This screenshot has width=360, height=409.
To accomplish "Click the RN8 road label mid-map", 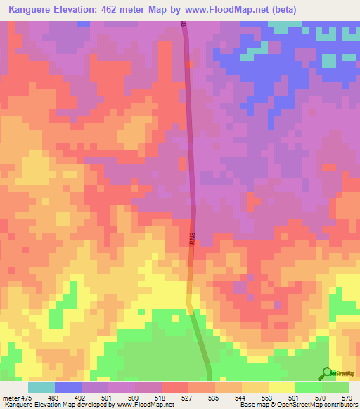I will coord(191,239).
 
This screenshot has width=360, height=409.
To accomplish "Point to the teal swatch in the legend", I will coord(41,387).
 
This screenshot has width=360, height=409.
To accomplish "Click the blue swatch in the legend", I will coord(68,387).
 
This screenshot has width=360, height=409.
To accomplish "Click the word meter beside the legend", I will coord(11,398).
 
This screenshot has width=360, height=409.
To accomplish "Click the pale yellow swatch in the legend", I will coord(282,387).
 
